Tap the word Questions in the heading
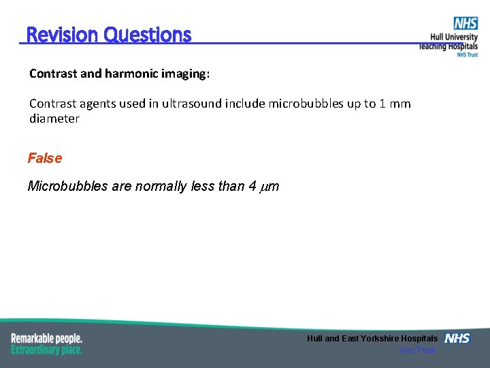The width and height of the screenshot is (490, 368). pyautogui.click(x=148, y=35)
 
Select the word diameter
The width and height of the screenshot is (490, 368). pyautogui.click(x=54, y=119)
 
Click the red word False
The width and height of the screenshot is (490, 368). pyautogui.click(x=45, y=159)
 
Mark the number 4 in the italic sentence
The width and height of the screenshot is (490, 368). pyautogui.click(x=252, y=186)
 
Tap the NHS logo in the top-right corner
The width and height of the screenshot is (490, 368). pyautogui.click(x=465, y=24)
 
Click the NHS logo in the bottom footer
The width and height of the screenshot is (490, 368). pyautogui.click(x=457, y=338)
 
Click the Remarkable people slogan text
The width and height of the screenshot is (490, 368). pyautogui.click(x=46, y=339)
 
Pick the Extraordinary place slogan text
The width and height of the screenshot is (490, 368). pyautogui.click(x=46, y=350)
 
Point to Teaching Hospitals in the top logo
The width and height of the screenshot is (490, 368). pyautogui.click(x=448, y=46)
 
